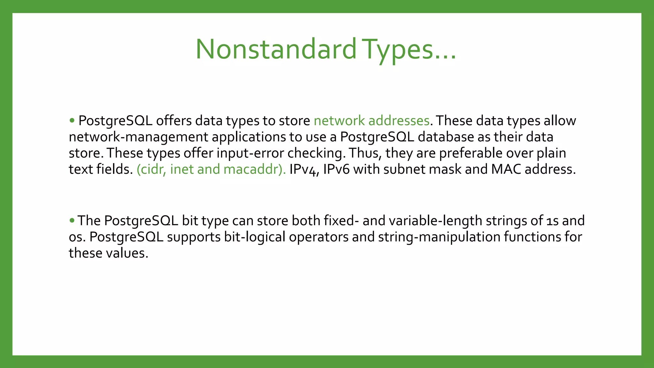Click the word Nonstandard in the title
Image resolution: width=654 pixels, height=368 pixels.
(276, 49)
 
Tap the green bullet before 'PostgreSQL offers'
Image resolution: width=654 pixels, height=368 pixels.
(72, 120)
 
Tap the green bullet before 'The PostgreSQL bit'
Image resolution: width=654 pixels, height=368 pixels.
(72, 220)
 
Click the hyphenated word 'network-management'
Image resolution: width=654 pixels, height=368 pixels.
(138, 137)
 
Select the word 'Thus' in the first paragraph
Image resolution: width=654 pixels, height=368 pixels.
(365, 153)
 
